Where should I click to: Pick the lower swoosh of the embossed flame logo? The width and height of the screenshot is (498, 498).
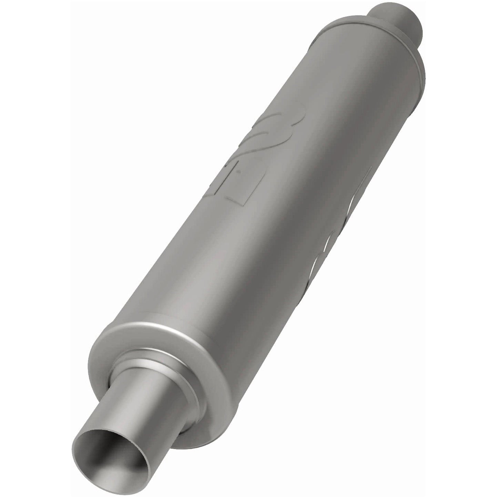coord(265,148)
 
